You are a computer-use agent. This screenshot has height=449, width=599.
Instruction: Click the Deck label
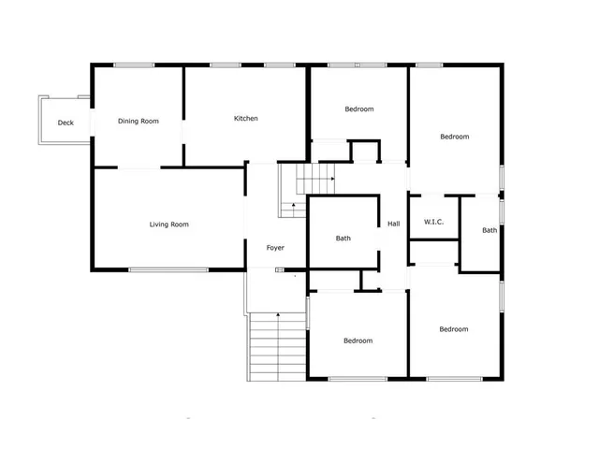point(66,123)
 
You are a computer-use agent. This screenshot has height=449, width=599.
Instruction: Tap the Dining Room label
point(138,121)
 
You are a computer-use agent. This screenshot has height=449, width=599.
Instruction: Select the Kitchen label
point(246,119)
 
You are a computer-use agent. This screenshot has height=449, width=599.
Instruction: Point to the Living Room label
point(169,224)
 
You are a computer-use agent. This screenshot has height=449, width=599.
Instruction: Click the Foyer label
point(275,248)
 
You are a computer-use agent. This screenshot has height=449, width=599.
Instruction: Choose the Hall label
point(394,224)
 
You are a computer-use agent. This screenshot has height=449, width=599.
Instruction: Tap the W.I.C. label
point(433,222)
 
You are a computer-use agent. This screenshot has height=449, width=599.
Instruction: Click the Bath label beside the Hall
point(343,239)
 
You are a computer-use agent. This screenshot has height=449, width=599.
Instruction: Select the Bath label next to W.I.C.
point(489,230)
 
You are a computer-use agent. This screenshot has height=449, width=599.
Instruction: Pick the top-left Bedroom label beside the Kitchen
point(358,109)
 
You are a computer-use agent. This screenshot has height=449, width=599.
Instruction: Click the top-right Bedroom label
point(455,137)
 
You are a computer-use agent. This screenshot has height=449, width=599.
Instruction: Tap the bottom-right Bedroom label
point(454,329)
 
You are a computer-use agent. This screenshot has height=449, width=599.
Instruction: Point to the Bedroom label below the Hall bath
point(358,340)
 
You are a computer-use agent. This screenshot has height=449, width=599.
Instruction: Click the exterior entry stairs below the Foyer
point(277,346)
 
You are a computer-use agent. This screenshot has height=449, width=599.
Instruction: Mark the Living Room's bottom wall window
point(168,270)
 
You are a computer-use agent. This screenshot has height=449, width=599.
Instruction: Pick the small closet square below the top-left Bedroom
point(364,152)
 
